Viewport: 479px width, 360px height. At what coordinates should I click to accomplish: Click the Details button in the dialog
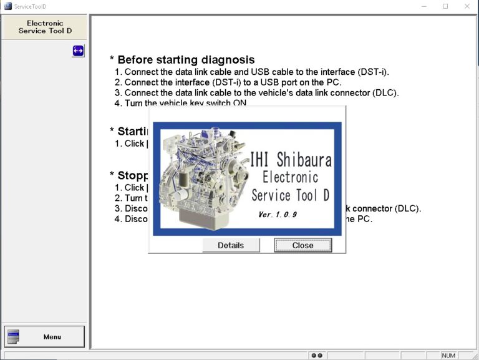pyautogui.click(x=231, y=245)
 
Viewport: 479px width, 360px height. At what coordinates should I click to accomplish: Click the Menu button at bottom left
pyautogui.click(x=44, y=337)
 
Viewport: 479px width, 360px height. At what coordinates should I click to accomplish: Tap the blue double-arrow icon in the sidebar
pyautogui.click(x=78, y=51)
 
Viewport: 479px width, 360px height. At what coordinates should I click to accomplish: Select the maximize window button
pyautogui.click(x=445, y=6)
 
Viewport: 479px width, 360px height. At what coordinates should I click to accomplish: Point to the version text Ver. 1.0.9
pyautogui.click(x=277, y=215)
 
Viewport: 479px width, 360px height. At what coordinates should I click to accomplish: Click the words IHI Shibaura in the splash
pyautogui.click(x=290, y=159)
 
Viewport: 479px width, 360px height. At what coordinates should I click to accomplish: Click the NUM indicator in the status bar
pyautogui.click(x=448, y=355)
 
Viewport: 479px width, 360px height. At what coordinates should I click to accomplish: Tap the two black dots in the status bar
pyautogui.click(x=316, y=355)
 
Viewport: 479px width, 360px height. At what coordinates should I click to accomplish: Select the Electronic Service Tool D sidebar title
pyautogui.click(x=45, y=27)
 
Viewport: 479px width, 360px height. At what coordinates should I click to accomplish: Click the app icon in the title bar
pyautogui.click(x=7, y=6)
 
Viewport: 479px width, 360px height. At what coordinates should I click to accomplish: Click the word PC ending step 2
pyautogui.click(x=336, y=82)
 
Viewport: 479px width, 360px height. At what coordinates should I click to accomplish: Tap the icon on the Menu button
pyautogui.click(x=13, y=337)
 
